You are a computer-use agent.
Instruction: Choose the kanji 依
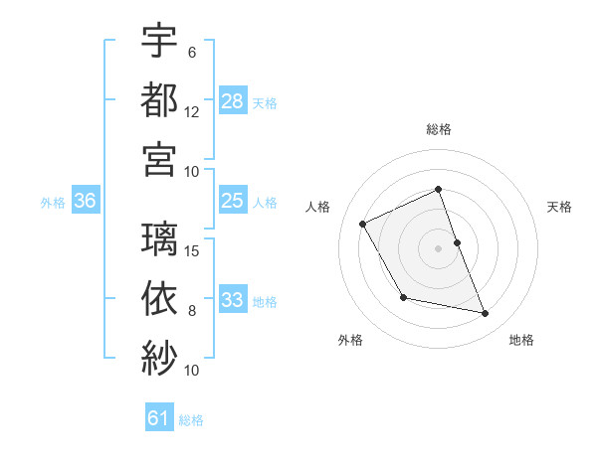[x=159, y=297]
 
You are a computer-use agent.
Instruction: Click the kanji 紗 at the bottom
[x=159, y=357]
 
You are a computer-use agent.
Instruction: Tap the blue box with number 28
[x=233, y=101]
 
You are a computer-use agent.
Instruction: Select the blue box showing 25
[x=233, y=201]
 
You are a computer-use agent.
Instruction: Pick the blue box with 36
[x=86, y=201]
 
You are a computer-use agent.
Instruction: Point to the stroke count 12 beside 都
[x=193, y=112]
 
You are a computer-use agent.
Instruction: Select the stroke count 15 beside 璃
[x=193, y=250]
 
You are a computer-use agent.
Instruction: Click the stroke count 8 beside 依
[x=192, y=311]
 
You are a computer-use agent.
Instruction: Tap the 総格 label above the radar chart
[x=438, y=129]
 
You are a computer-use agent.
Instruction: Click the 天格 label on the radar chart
[x=560, y=207]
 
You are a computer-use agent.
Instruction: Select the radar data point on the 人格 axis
[x=363, y=224]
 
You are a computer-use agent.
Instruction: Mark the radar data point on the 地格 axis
[x=486, y=314]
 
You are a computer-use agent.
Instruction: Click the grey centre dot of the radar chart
[x=438, y=247]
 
